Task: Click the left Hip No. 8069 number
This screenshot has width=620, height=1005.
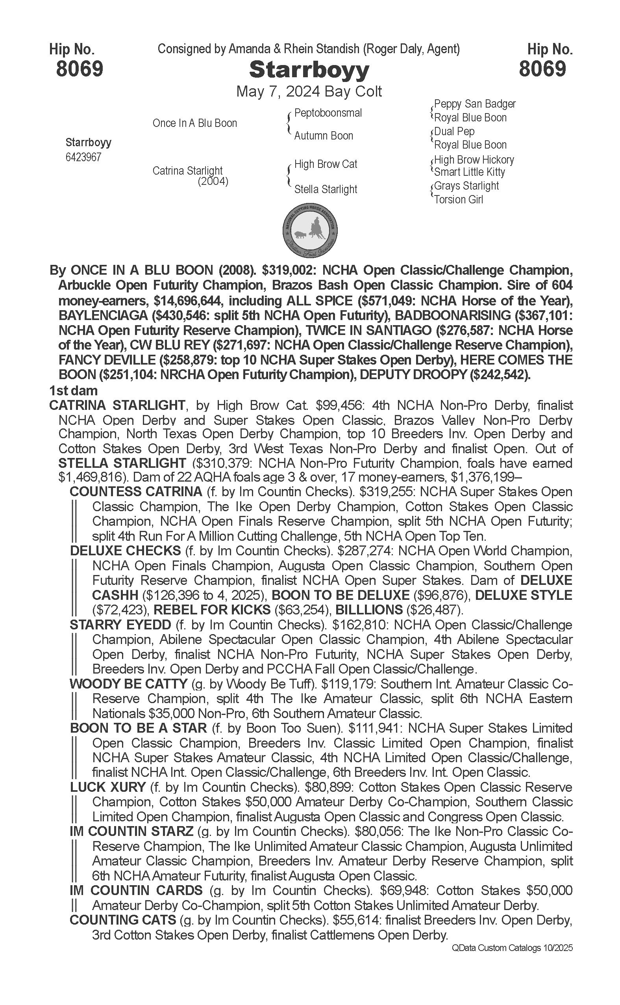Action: [x=80, y=69]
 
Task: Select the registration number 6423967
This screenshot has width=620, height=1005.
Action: [x=83, y=158]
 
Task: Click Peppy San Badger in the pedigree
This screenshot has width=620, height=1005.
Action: [x=475, y=104]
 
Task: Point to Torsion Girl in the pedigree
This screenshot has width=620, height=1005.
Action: [x=459, y=200]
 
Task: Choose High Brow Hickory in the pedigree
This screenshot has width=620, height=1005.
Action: [x=474, y=160]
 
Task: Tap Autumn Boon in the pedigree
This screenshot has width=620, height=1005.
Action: [x=324, y=136]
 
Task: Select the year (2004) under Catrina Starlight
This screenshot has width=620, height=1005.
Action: [x=213, y=181]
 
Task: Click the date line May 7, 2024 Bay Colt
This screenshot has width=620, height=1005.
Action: [x=309, y=91]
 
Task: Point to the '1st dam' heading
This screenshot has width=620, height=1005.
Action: [x=73, y=391]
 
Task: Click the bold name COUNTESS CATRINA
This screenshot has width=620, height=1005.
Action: [x=136, y=491]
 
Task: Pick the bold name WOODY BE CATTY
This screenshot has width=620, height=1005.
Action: [x=129, y=684]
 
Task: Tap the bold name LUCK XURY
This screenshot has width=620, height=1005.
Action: [x=108, y=787]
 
